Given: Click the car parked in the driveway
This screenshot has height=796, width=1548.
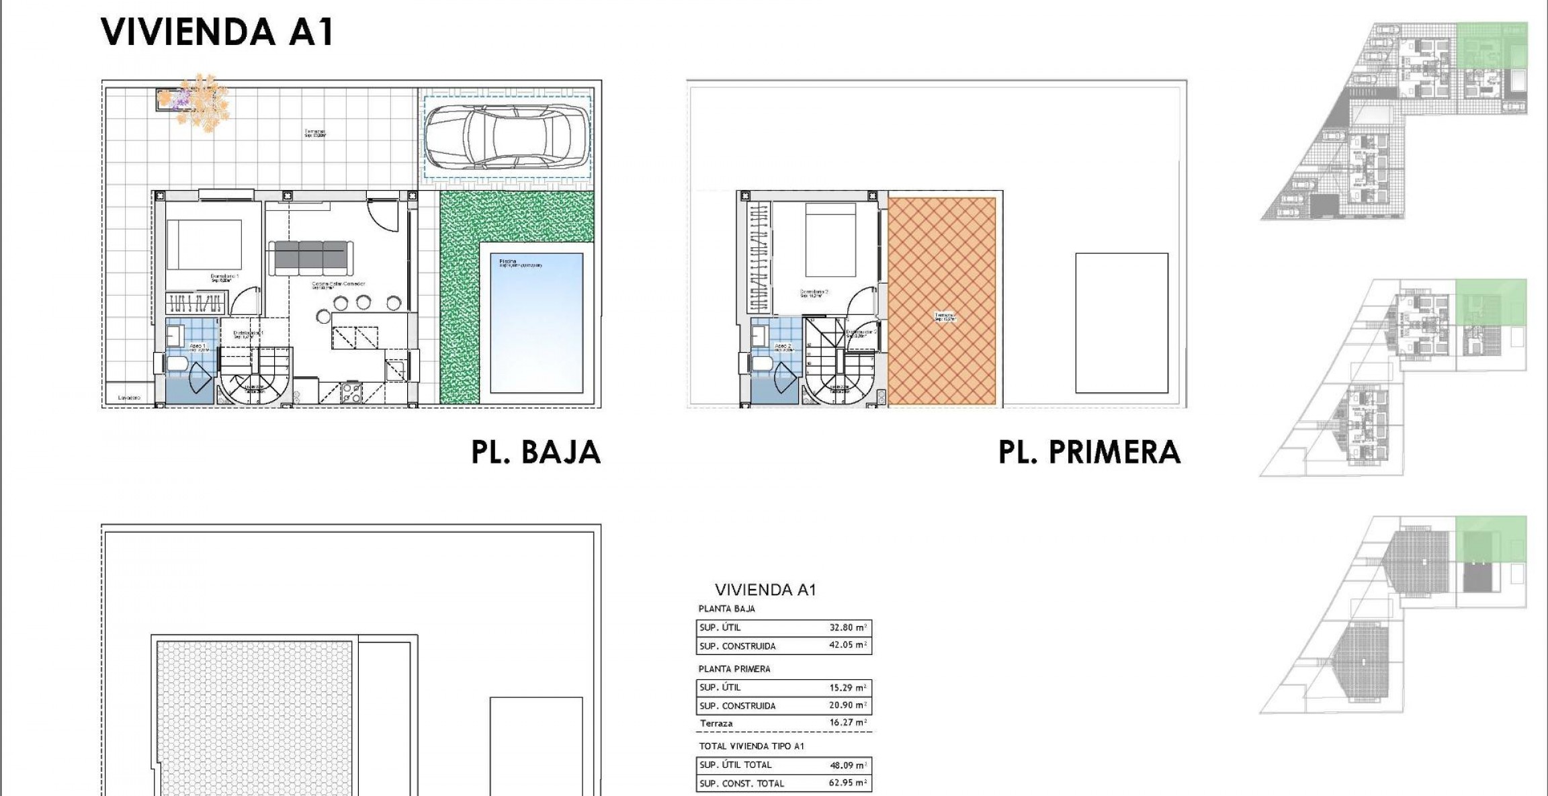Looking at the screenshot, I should pyautogui.click(x=507, y=137).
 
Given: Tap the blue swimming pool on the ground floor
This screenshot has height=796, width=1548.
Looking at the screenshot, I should pyautogui.click(x=536, y=322).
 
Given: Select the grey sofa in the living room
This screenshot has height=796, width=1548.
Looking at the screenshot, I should pyautogui.click(x=310, y=257).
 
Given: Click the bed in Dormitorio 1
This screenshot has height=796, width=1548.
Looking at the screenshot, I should pyautogui.click(x=204, y=245).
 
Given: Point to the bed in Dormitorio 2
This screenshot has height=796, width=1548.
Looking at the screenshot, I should pyautogui.click(x=830, y=239).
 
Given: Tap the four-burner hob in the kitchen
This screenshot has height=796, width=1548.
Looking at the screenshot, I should pyautogui.click(x=352, y=392).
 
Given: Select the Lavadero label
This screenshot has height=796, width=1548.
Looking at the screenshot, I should pyautogui.click(x=129, y=398).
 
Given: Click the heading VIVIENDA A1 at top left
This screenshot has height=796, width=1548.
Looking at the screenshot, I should pyautogui.click(x=217, y=32).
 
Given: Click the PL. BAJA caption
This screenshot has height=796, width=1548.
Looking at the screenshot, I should pyautogui.click(x=535, y=452).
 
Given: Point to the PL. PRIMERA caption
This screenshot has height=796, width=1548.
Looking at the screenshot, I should pyautogui.click(x=1089, y=452).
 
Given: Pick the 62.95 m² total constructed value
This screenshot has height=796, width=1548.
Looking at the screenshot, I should pyautogui.click(x=848, y=783).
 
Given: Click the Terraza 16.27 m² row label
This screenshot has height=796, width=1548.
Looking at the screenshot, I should pyautogui.click(x=716, y=723).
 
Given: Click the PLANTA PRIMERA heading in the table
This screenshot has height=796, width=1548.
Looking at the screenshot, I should pyautogui.click(x=734, y=668).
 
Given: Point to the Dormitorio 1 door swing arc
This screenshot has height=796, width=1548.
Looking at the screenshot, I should pyautogui.click(x=246, y=300).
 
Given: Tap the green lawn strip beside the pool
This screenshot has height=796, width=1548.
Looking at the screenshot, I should pyautogui.click(x=460, y=302).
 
